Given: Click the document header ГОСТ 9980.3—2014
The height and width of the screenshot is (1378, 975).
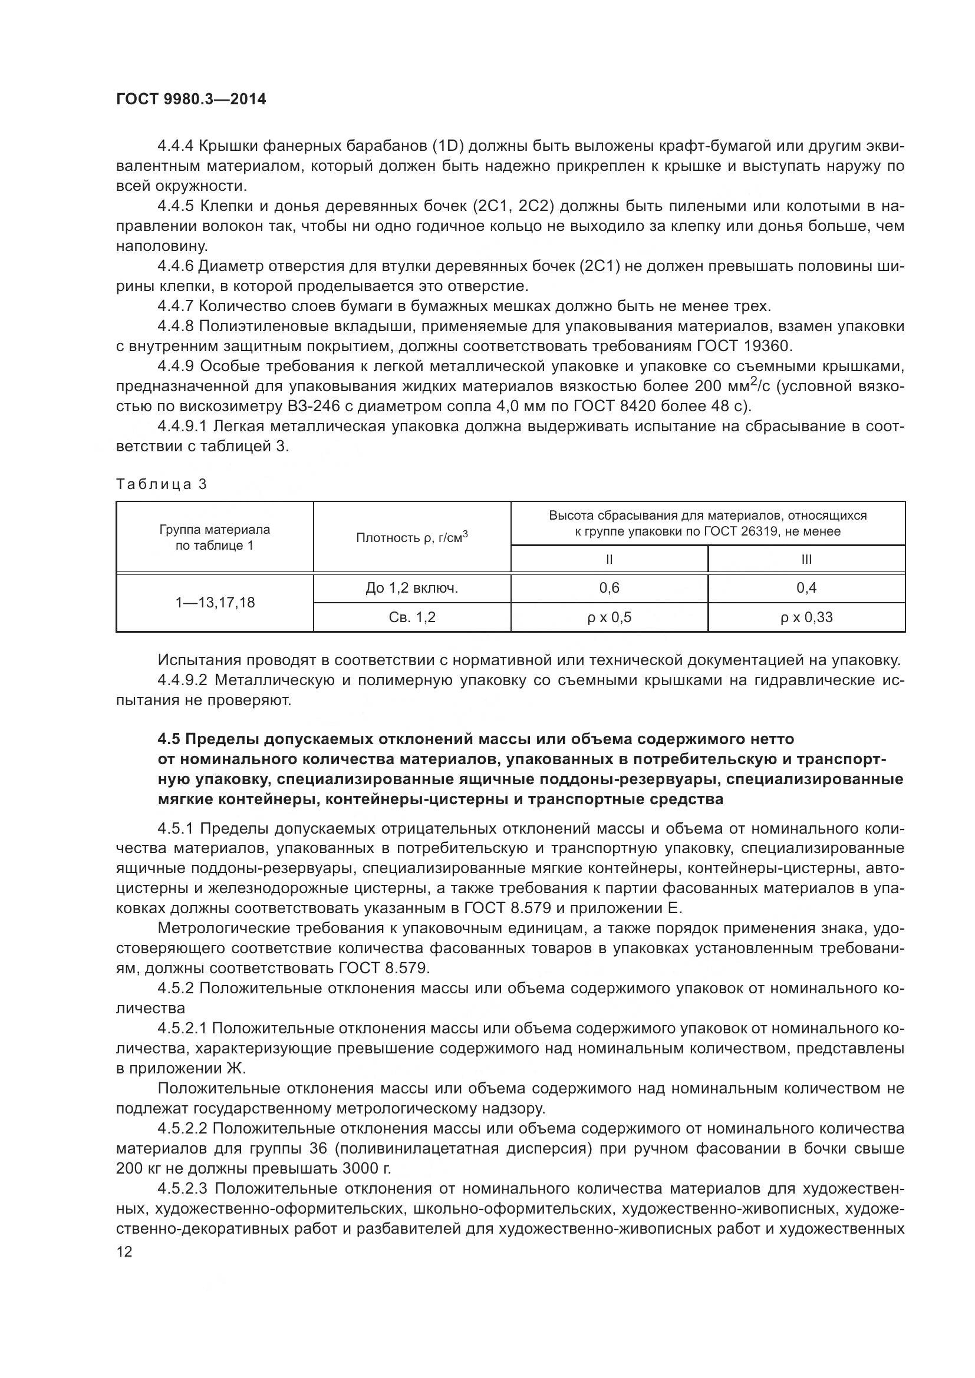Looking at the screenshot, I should tap(191, 99).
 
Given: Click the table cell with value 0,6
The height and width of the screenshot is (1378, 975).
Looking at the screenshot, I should tap(609, 587).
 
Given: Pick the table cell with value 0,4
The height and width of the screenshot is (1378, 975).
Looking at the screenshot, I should tap(806, 587).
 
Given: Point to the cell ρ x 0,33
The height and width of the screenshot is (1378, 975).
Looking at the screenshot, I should tap(806, 617).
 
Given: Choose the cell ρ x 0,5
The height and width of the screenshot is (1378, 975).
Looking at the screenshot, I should tap(609, 617).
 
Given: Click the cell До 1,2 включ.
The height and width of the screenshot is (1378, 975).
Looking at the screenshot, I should tap(412, 587).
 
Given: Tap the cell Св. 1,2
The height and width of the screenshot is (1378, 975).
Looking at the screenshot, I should tap(412, 617).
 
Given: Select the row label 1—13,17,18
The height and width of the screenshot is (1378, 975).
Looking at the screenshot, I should tap(215, 603).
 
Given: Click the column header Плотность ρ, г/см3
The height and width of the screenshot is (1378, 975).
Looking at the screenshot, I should tap(412, 537).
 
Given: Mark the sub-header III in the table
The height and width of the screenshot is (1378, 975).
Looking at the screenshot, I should tap(806, 559).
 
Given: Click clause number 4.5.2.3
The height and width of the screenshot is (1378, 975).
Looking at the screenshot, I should tap(183, 1188).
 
